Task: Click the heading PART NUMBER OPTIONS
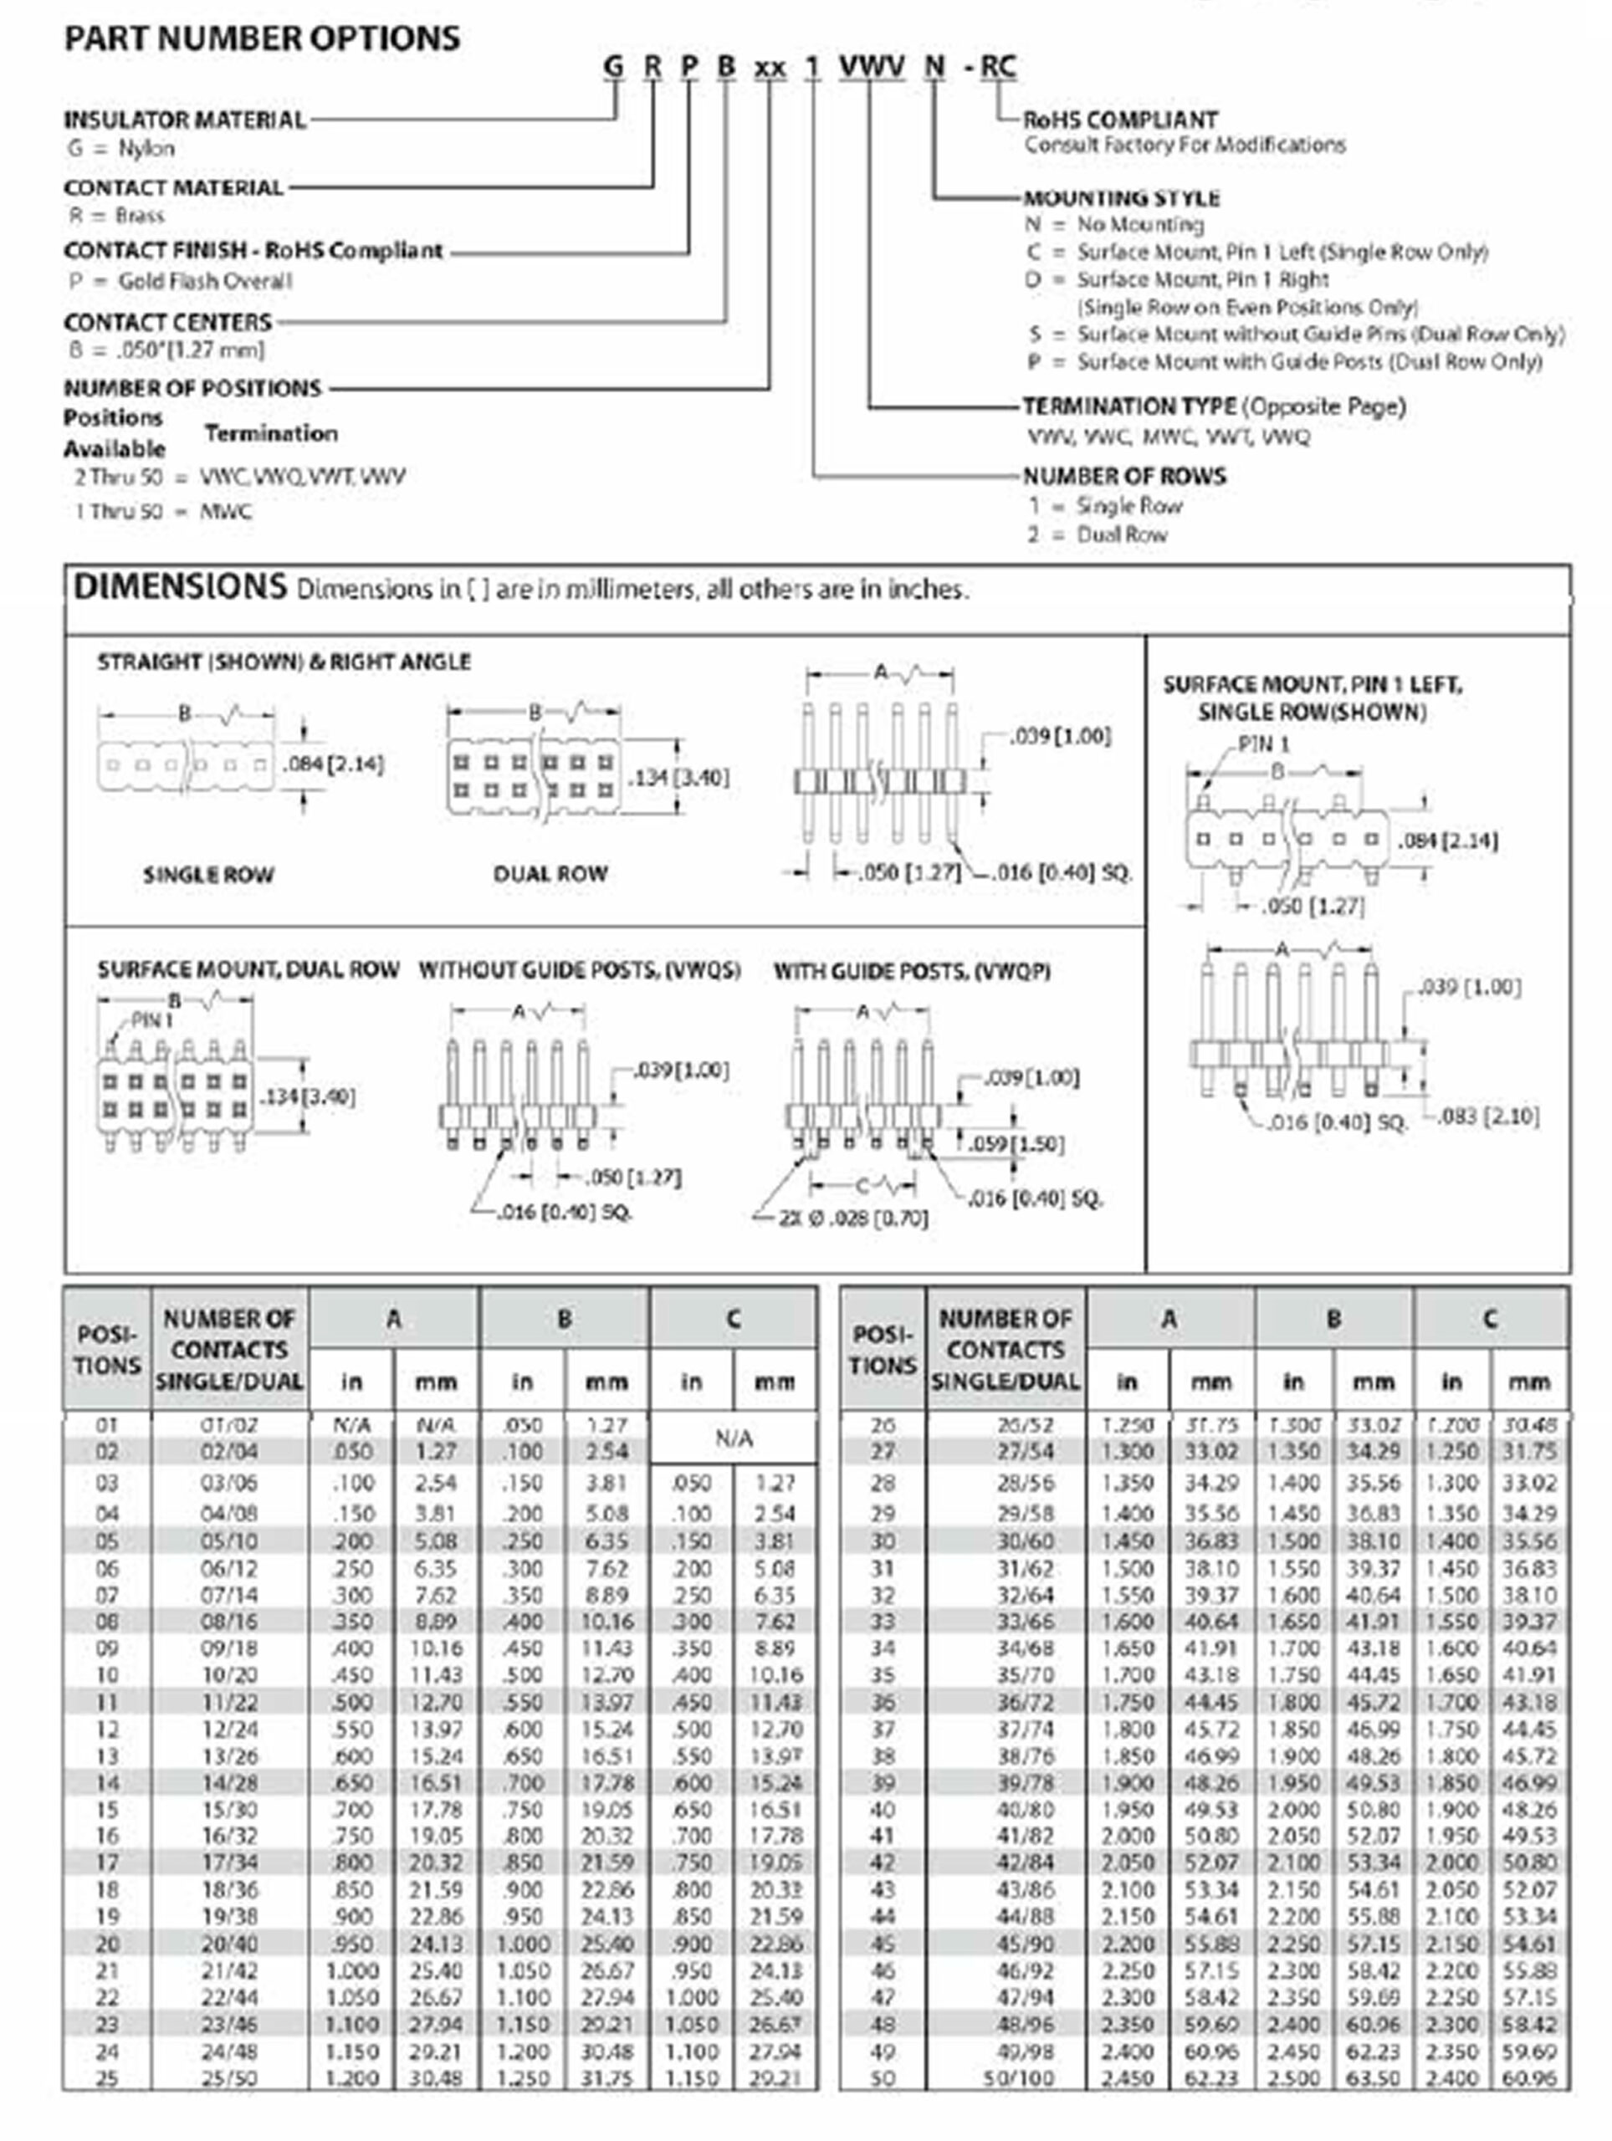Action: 261,38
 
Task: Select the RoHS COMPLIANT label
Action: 1120,120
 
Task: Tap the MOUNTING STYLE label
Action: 1121,198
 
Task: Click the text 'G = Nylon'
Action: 122,149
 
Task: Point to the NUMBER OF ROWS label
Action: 1124,476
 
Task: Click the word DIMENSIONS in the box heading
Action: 181,587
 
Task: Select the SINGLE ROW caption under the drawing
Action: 208,875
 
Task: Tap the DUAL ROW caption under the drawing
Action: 550,874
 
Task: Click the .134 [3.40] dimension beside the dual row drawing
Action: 678,778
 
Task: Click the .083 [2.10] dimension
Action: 1488,1117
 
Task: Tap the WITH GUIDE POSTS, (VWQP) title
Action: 911,971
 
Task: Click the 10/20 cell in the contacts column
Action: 228,1674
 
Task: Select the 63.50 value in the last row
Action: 1373,2078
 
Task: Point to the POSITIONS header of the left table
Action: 106,1349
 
